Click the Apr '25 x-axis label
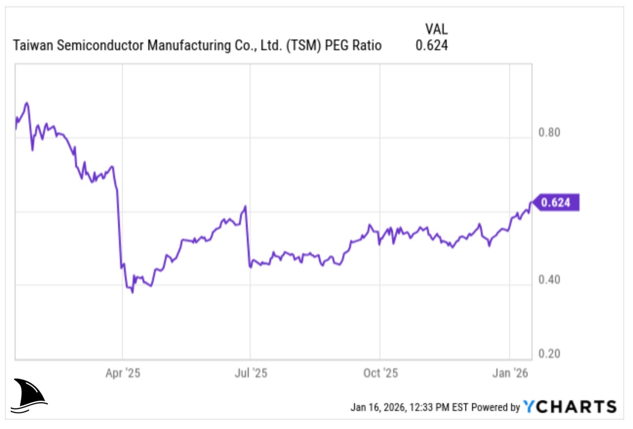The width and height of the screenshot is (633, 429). point(122,373)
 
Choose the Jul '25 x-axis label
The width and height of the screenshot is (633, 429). point(250,373)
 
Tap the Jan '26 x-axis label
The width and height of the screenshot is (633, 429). point(509,373)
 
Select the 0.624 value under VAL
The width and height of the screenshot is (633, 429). point(432,46)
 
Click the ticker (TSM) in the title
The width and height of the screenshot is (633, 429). point(303,46)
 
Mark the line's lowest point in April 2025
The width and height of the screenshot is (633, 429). point(132,292)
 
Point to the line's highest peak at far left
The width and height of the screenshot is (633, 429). point(27,103)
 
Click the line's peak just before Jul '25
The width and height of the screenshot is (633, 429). point(245,206)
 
